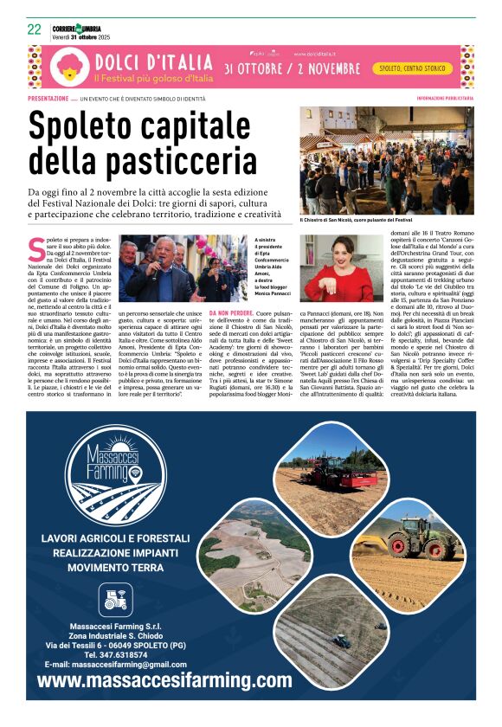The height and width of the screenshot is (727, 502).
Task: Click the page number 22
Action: tap(35, 29)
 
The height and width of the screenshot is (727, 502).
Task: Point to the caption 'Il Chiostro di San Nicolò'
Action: tap(364, 221)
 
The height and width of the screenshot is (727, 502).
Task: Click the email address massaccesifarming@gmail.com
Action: tap(116, 665)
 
